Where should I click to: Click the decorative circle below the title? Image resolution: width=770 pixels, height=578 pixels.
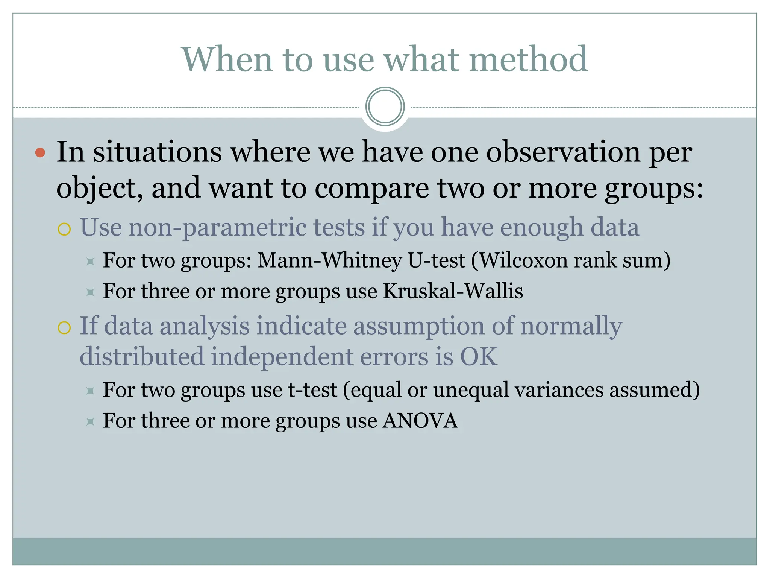click(x=385, y=106)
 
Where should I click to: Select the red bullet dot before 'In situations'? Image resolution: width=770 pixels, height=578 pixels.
click(x=40, y=153)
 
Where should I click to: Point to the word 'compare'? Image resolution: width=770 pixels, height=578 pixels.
click(x=371, y=188)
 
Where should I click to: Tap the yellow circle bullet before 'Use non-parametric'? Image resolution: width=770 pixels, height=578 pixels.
click(x=64, y=229)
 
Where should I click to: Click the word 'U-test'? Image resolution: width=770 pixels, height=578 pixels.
click(x=437, y=260)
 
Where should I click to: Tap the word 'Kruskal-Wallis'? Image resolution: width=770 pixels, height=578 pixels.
click(x=453, y=291)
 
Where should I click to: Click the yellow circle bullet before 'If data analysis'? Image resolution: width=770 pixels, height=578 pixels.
click(x=64, y=328)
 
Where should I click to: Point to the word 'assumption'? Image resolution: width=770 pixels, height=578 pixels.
click(x=419, y=326)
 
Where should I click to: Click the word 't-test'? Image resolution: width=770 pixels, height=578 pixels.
click(x=312, y=390)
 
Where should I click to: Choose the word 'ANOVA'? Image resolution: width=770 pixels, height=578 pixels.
click(x=420, y=421)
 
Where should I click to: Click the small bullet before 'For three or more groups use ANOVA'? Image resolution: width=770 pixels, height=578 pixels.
click(x=90, y=422)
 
